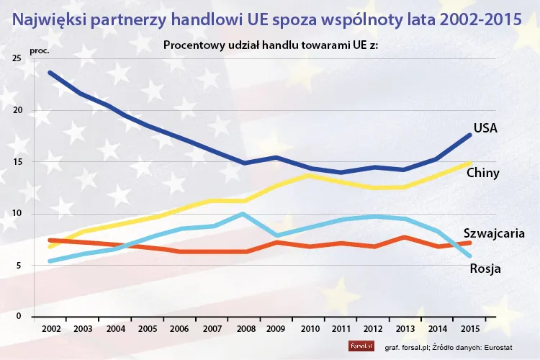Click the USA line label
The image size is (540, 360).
(486, 128)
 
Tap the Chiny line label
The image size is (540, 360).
(483, 174)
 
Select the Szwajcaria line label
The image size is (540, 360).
(493, 233)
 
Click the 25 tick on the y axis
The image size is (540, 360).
(17, 58)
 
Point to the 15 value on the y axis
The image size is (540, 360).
(17, 162)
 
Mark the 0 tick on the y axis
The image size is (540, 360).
(19, 317)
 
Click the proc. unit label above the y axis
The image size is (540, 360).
(39, 51)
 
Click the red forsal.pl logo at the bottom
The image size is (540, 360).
(359, 346)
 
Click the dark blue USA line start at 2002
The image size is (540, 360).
(50, 72)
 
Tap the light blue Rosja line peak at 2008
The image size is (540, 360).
(243, 214)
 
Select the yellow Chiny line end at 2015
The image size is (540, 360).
(469, 163)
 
